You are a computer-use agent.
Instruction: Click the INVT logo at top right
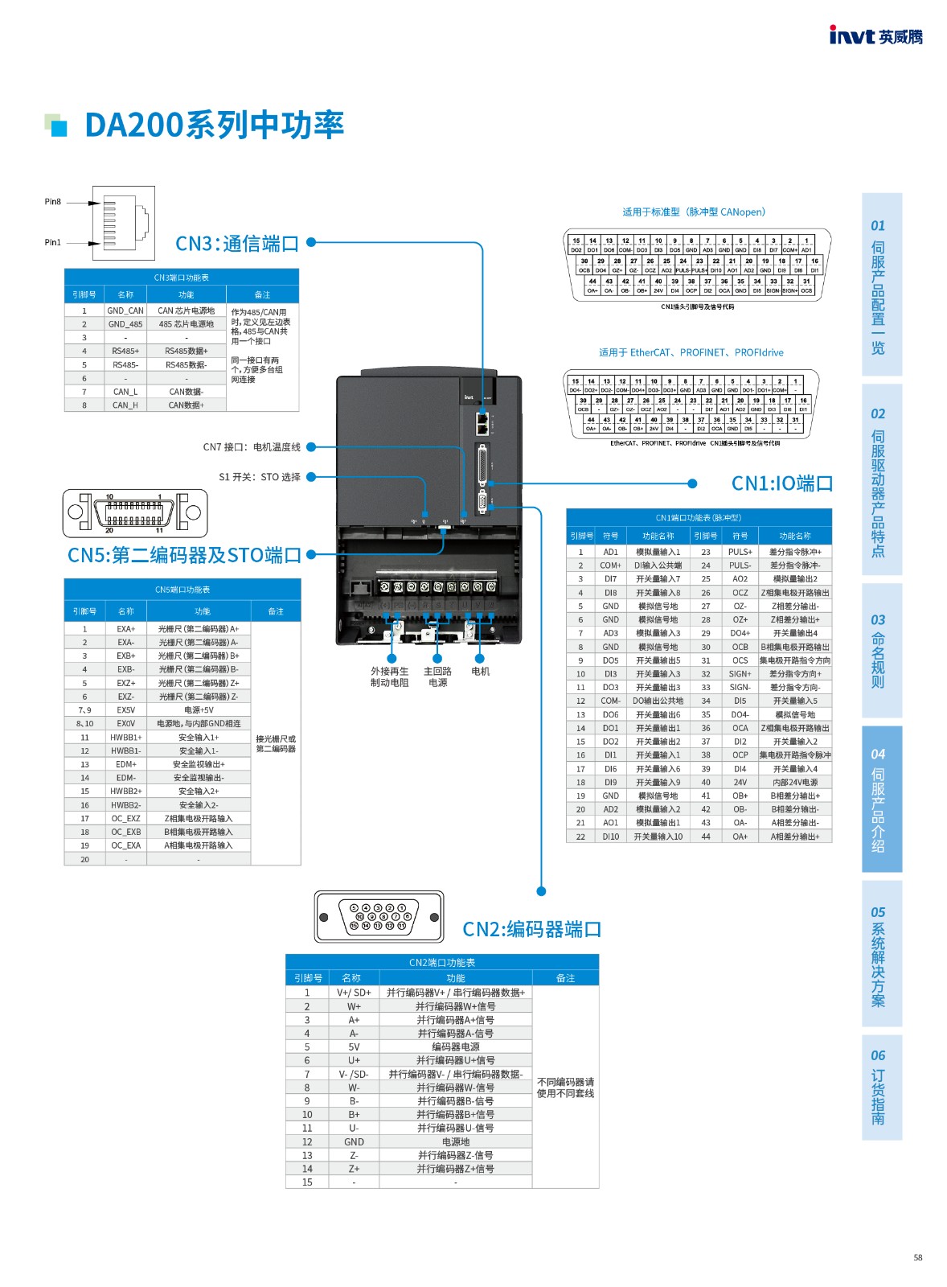[875, 35]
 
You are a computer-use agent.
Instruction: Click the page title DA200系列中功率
[214, 125]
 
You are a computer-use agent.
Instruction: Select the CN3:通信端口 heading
[237, 243]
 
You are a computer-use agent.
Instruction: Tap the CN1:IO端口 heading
[781, 483]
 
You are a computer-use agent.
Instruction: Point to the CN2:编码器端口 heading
[531, 930]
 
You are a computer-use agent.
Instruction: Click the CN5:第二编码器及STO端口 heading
[184, 555]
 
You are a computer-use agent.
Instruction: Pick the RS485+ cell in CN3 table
[125, 351]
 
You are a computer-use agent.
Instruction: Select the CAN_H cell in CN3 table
[125, 405]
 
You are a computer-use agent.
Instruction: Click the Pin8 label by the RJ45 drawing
[52, 202]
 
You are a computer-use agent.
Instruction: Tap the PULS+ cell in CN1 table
[740, 552]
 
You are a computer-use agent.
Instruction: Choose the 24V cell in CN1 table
[740, 782]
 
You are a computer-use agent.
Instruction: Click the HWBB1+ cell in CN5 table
[125, 737]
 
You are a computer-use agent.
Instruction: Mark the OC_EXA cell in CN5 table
[125, 845]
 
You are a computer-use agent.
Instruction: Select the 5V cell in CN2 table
[354, 1046]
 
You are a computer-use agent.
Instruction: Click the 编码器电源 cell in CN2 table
[455, 1046]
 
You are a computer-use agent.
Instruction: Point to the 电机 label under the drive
[480, 671]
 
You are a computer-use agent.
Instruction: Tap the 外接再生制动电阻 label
[389, 676]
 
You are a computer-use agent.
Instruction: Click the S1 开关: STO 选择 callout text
[259, 477]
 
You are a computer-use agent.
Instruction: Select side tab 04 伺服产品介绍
[881, 800]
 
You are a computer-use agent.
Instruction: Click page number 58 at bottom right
[917, 1257]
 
